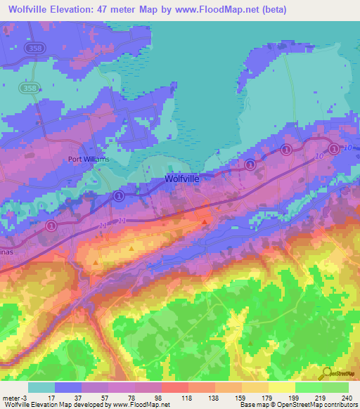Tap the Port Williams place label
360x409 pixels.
coord(89,159)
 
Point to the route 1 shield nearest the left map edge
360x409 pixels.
coord(51,226)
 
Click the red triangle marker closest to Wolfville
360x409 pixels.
coord(205,221)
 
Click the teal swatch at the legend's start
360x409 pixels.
coord(41,387)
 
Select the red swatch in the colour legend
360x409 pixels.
coord(175,387)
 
